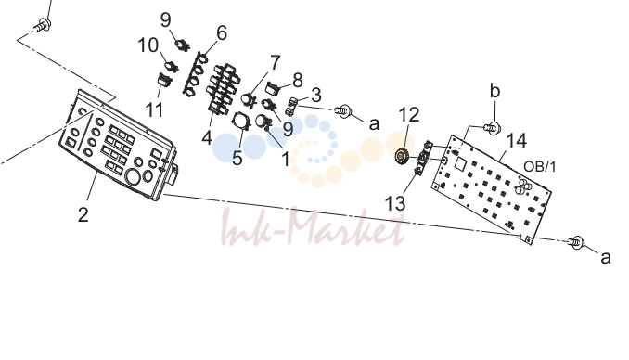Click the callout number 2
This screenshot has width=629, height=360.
(x=83, y=214)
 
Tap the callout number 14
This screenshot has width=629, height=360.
(x=517, y=140)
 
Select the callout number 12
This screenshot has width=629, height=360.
(x=409, y=115)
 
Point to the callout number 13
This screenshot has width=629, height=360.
(x=395, y=203)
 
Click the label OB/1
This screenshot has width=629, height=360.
(x=540, y=166)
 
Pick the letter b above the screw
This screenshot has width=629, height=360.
(x=495, y=91)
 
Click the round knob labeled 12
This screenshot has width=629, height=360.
(x=402, y=156)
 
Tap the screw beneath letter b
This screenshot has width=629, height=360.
(x=493, y=128)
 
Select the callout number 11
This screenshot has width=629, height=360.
(x=154, y=110)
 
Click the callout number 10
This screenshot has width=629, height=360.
(x=148, y=45)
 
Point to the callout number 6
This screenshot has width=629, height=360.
(x=222, y=32)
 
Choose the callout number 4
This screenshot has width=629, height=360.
(x=207, y=137)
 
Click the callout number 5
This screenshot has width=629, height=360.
(x=237, y=158)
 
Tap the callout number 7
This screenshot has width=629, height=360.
(x=275, y=62)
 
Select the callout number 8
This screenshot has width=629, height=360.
(x=297, y=81)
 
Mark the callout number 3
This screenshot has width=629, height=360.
(x=316, y=96)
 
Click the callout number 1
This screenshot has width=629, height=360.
(x=285, y=160)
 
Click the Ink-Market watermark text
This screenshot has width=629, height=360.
(x=312, y=226)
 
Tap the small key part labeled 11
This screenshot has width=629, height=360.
(x=163, y=80)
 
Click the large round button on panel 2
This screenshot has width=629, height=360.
(x=133, y=176)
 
